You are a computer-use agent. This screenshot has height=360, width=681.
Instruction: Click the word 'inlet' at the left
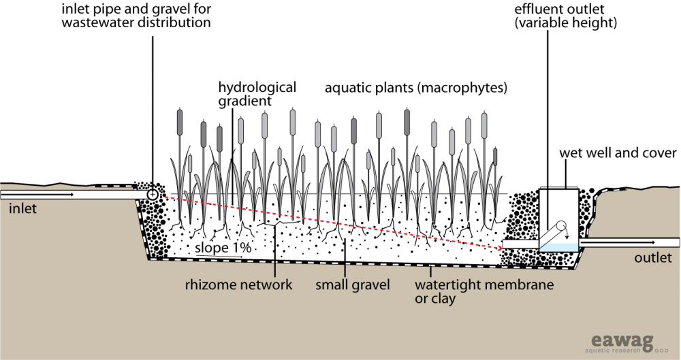[x=22, y=209]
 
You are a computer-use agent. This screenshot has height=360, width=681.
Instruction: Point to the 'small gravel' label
[x=352, y=284]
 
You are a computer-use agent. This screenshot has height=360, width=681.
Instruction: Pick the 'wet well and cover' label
[x=618, y=153]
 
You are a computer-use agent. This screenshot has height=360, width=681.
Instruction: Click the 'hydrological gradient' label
[x=257, y=94]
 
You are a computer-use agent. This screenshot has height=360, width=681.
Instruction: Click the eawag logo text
[x=606, y=337]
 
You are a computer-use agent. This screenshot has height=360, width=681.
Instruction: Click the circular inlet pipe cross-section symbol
[x=153, y=195]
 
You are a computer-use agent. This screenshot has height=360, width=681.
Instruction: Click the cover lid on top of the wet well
[x=558, y=186]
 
